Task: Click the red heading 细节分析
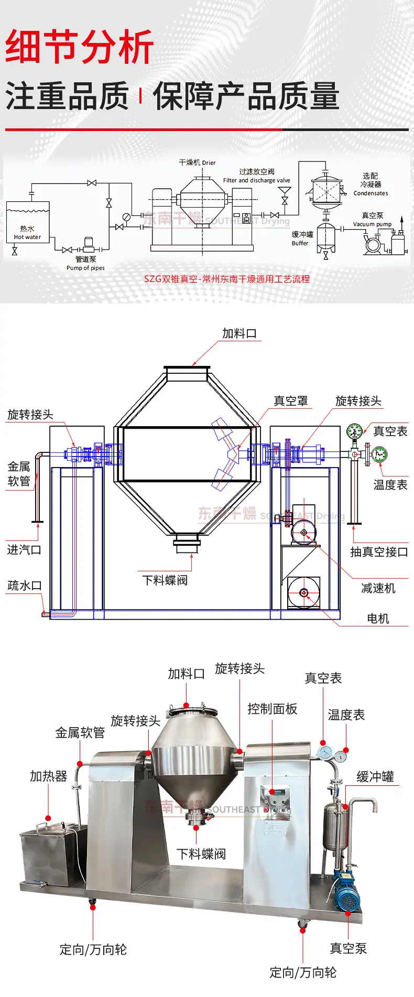79,47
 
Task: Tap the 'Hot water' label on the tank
27,237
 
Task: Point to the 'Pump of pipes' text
85,268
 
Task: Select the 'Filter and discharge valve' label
256,180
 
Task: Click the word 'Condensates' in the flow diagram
371,193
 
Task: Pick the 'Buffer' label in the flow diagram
300,243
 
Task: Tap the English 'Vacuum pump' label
372,224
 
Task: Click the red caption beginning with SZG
227,279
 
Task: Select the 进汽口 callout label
24,550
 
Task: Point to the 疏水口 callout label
24,586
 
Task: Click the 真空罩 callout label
291,401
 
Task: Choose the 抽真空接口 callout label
379,552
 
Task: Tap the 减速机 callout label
378,588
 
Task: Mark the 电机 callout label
378,619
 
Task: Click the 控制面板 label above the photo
273,709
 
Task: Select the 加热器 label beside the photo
49,776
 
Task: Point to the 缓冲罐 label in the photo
375,777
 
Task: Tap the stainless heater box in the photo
52,854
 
